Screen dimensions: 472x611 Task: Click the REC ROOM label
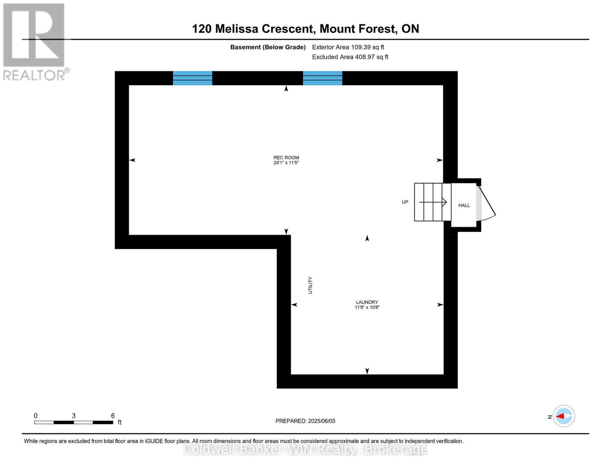[286, 157]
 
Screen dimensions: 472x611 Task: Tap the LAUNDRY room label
[367, 302]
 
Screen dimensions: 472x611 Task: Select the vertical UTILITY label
[310, 285]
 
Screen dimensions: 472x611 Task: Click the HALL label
[464, 205]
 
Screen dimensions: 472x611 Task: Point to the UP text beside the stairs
[405, 202]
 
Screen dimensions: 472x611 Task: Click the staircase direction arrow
[433, 202]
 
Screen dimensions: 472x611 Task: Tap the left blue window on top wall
[192, 78]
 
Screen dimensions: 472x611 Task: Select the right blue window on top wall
[322, 78]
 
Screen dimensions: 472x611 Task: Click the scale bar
[74, 422]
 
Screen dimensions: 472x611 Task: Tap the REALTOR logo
[34, 41]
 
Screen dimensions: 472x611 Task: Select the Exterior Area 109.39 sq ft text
[348, 47]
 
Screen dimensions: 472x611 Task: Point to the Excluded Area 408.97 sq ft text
[350, 57]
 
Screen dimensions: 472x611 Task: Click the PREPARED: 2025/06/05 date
[305, 421]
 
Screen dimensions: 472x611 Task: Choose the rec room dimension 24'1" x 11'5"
[286, 163]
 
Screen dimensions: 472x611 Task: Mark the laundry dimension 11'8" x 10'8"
[367, 308]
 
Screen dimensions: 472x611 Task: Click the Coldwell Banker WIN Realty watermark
[305, 449]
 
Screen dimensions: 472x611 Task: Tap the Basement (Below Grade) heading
[268, 47]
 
